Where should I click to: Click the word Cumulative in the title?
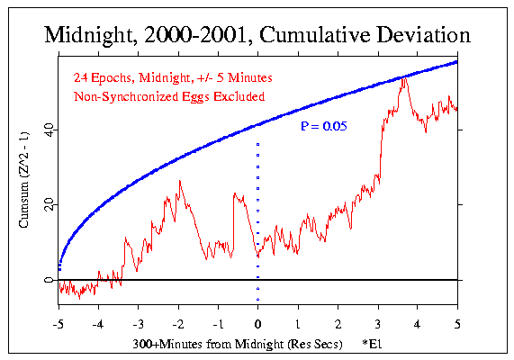(x=322, y=37)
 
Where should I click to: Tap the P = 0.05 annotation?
(x=324, y=128)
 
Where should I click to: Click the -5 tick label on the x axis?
(x=58, y=321)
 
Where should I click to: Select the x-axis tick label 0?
(x=258, y=321)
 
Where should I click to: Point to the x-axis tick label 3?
(x=378, y=321)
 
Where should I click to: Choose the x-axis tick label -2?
(x=177, y=321)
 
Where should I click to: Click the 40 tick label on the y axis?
(x=43, y=130)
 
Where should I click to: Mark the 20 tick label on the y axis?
(x=43, y=205)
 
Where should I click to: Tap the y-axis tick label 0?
(x=46, y=280)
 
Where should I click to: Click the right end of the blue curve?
(x=457, y=61)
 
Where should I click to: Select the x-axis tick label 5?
(x=458, y=321)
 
